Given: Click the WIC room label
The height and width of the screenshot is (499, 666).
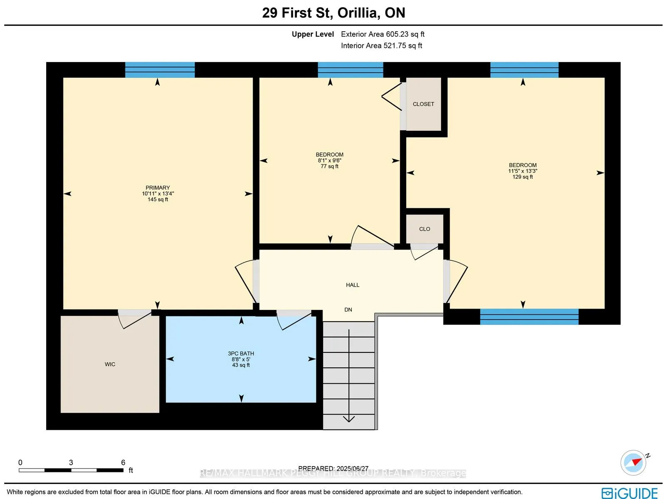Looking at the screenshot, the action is coord(110,364).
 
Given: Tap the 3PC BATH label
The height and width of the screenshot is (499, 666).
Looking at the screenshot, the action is coord(241,354).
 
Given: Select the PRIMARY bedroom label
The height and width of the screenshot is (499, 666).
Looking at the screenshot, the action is coord(158,188).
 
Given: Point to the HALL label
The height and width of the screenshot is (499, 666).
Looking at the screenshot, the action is coord(353,285).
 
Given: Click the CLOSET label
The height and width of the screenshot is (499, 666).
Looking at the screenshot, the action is coord(423,104).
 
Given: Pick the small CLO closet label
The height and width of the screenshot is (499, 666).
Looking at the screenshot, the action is coord(425,229).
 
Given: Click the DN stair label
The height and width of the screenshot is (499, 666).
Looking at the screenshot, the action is coord(348,310).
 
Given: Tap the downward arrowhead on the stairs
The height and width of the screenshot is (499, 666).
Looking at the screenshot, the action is coord(349,419).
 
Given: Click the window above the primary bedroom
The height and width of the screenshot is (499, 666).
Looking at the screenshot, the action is coord(160,70).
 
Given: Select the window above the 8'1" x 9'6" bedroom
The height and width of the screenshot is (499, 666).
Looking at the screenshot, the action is coord(350,70).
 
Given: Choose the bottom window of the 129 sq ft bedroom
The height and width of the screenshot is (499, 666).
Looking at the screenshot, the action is coord(529,317).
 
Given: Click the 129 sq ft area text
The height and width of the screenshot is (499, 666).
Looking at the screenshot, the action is coord(522,177).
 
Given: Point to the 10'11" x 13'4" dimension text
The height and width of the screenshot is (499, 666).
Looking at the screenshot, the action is coord(158,194).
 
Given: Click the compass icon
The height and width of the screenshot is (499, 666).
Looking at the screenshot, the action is coord(634,463).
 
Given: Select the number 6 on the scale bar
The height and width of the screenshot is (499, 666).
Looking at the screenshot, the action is coord(123,462).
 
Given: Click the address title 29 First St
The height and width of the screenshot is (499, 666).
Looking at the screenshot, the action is coord(298,13).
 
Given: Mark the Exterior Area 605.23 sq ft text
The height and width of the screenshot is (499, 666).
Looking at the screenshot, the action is coord(383,34).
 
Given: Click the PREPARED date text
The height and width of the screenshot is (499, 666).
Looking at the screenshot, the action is coord(333,469).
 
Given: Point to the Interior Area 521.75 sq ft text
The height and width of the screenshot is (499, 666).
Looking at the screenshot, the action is coord(381,45).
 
